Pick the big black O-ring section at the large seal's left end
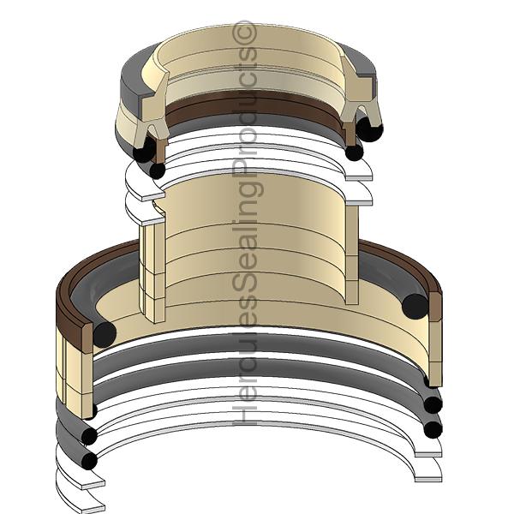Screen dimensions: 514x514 click(104, 334)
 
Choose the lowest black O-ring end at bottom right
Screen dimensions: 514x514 click(433, 427)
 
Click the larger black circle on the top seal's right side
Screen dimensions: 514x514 click(371, 129)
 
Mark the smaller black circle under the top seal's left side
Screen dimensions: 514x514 click(157, 170)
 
